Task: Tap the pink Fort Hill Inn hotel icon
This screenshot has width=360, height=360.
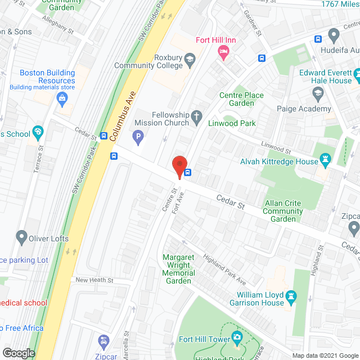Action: click(x=223, y=52)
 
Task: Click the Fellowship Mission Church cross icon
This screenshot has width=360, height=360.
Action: click(x=196, y=118)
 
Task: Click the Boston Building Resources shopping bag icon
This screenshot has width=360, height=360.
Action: click(x=62, y=100)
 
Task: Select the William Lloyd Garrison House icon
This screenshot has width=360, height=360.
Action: click(x=291, y=295)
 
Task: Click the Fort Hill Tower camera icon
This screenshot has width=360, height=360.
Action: click(x=237, y=338)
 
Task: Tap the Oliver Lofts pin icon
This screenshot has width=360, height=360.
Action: click(x=21, y=238)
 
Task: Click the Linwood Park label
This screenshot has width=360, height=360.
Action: click(x=232, y=123)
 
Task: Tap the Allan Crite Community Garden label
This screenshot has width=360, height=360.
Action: click(x=283, y=211)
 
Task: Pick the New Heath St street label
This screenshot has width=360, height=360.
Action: click(x=94, y=280)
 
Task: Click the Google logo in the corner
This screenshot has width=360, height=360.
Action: click(x=18, y=353)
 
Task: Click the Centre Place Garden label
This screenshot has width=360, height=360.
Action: click(x=241, y=99)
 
